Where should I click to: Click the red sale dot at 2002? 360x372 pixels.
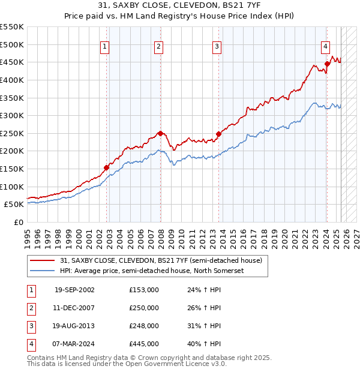point(106,168)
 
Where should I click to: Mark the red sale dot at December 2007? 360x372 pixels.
point(160,133)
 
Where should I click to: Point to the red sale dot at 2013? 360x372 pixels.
point(218,134)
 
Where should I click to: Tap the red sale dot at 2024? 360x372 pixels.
point(327,64)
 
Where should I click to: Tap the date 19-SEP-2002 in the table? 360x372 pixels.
point(74,290)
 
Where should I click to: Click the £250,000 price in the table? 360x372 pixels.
point(144,308)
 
